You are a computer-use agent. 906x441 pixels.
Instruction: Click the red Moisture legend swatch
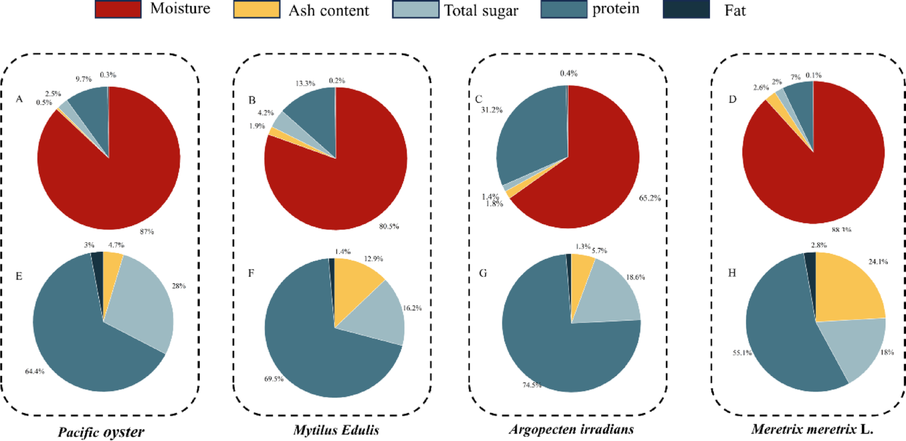coord(118,9)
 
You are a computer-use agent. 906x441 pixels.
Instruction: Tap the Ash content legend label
coord(329,10)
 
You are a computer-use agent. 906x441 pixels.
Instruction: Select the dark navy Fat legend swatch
coord(686,9)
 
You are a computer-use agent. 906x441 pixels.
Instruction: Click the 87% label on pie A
coord(147,231)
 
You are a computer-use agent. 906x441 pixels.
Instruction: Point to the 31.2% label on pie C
coord(492,110)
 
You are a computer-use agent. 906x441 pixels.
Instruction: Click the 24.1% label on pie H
coord(878,262)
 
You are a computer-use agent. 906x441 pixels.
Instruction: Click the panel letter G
coord(483,273)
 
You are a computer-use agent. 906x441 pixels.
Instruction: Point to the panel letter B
coord(252,100)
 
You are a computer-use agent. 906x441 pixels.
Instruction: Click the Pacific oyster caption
coord(101,432)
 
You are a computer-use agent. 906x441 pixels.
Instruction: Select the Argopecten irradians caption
coord(571,429)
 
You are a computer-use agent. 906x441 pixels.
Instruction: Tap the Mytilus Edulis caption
coord(336,430)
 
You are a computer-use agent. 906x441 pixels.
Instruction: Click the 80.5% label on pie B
coord(389,226)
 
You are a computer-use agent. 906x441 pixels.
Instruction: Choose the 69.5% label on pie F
coord(274,379)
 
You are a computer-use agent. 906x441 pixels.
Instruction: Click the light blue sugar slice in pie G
coord(611,295)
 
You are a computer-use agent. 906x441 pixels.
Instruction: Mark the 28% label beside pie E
coord(179,286)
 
